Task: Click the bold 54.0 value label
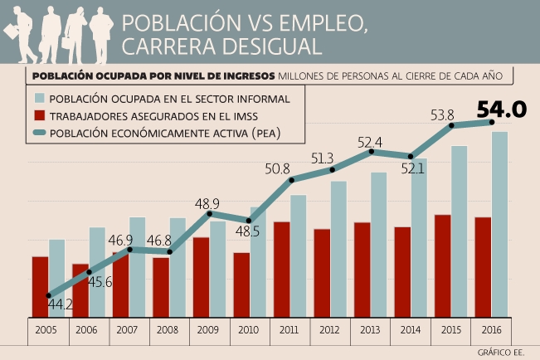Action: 503,109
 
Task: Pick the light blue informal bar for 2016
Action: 499,224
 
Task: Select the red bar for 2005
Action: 41,287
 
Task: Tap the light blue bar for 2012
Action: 338,249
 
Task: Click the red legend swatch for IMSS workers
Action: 39,115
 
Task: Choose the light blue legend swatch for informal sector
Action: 39,99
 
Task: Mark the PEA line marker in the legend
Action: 39,132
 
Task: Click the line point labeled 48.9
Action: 210,214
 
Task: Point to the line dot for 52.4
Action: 372,151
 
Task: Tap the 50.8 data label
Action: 278,168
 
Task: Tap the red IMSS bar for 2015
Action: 442,265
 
